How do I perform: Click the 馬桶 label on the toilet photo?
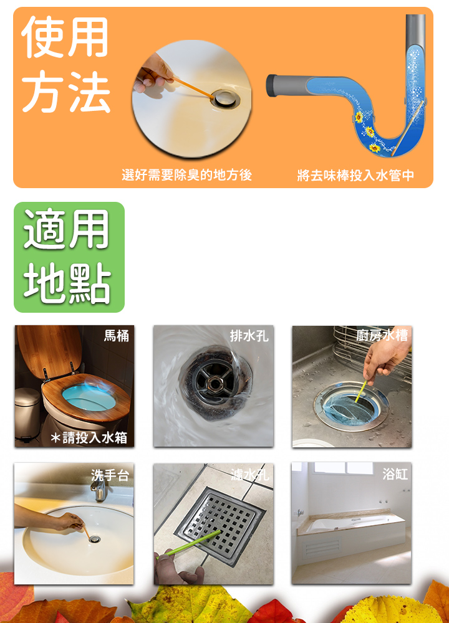tap(117, 336)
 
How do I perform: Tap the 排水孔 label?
tap(249, 336)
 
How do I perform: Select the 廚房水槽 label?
tap(382, 336)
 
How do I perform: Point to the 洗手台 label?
tap(110, 475)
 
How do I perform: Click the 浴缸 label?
tap(395, 473)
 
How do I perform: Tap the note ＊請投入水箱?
tap(89, 437)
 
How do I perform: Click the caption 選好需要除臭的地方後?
tap(187, 175)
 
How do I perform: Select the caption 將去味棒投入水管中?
tap(355, 175)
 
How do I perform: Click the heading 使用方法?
tap(65, 64)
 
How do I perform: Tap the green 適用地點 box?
tap(69, 257)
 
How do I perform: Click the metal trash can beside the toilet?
tap(27, 414)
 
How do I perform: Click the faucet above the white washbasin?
tap(99, 488)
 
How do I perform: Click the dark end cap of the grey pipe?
tap(271, 85)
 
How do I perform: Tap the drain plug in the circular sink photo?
tap(225, 98)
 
